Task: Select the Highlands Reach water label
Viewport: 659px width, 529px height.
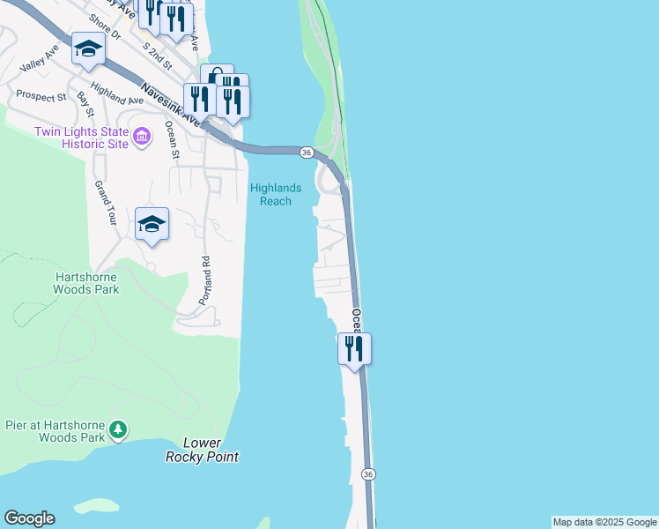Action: (x=276, y=194)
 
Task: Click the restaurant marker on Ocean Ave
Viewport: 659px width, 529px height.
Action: (x=354, y=348)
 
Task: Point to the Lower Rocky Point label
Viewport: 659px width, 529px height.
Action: (x=203, y=450)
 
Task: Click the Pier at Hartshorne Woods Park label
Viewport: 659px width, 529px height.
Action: (x=52, y=431)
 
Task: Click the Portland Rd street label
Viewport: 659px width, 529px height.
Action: (x=205, y=280)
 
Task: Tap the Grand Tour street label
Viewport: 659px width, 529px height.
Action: (x=106, y=204)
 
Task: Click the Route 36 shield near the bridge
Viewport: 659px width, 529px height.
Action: (x=306, y=153)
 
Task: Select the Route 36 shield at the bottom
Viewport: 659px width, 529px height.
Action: (x=368, y=474)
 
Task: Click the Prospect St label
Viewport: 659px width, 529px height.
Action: (x=41, y=95)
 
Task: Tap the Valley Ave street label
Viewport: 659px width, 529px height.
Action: (x=38, y=63)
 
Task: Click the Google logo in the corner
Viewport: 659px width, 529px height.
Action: (x=29, y=518)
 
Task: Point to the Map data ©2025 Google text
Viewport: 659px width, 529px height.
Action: (x=604, y=522)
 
